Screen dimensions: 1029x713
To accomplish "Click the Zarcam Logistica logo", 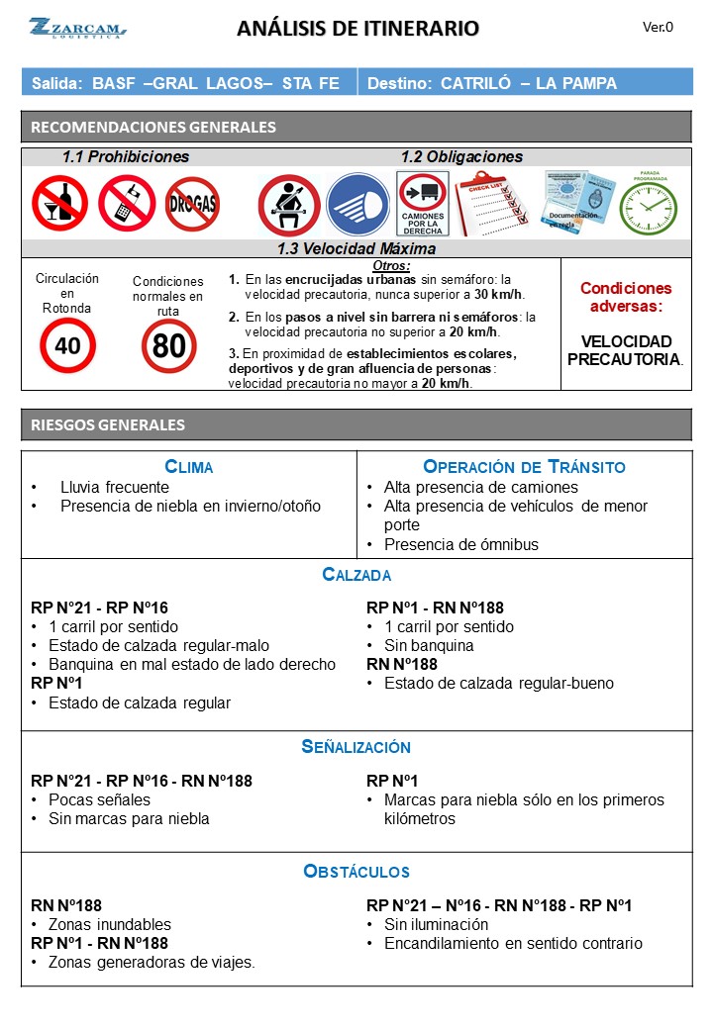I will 76,28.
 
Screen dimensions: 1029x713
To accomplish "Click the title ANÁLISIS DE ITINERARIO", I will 357,29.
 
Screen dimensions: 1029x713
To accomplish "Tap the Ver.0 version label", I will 658,28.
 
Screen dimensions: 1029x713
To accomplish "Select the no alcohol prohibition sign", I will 59,203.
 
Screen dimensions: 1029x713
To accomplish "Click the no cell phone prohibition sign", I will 127,203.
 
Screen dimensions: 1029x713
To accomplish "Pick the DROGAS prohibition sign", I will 192,204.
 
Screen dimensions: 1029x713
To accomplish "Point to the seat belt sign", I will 288,205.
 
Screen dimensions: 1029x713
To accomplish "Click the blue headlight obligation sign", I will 357,205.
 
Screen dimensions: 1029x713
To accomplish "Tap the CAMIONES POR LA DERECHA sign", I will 423,204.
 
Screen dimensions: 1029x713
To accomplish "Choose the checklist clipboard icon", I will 491,203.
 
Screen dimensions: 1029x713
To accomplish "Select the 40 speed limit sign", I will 67,345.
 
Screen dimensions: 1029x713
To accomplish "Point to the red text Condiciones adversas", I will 626,297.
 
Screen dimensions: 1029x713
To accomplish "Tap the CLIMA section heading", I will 188,467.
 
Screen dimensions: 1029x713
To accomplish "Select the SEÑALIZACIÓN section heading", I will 356,747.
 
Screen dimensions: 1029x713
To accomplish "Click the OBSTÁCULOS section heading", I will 356,872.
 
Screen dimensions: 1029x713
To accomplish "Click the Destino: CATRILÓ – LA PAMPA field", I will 492,83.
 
